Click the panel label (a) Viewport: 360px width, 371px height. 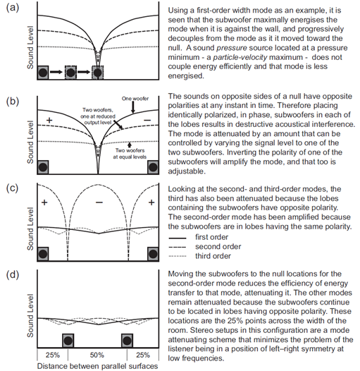[12, 8]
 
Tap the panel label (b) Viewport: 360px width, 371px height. [12, 102]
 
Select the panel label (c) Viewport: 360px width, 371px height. [12, 188]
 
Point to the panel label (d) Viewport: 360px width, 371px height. [12, 275]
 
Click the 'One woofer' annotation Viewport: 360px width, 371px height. [135, 99]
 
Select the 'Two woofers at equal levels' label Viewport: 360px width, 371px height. [130, 154]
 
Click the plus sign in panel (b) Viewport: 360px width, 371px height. [49, 120]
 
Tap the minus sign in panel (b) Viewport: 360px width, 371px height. [147, 120]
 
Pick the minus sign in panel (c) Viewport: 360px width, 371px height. [99, 202]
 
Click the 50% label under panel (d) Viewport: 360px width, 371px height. [97, 355]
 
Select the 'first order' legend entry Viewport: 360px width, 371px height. [199, 237]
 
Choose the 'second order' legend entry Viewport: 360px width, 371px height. [205, 247]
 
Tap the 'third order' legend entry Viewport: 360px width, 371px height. [200, 256]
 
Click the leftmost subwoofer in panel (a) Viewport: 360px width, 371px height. [43, 73]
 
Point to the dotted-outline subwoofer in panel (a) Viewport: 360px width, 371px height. [98, 73]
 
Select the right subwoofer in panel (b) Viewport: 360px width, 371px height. [153, 167]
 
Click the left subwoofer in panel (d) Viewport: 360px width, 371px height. [68, 341]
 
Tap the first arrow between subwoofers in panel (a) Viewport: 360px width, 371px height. [56, 72]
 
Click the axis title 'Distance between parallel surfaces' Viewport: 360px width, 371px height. [97, 366]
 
